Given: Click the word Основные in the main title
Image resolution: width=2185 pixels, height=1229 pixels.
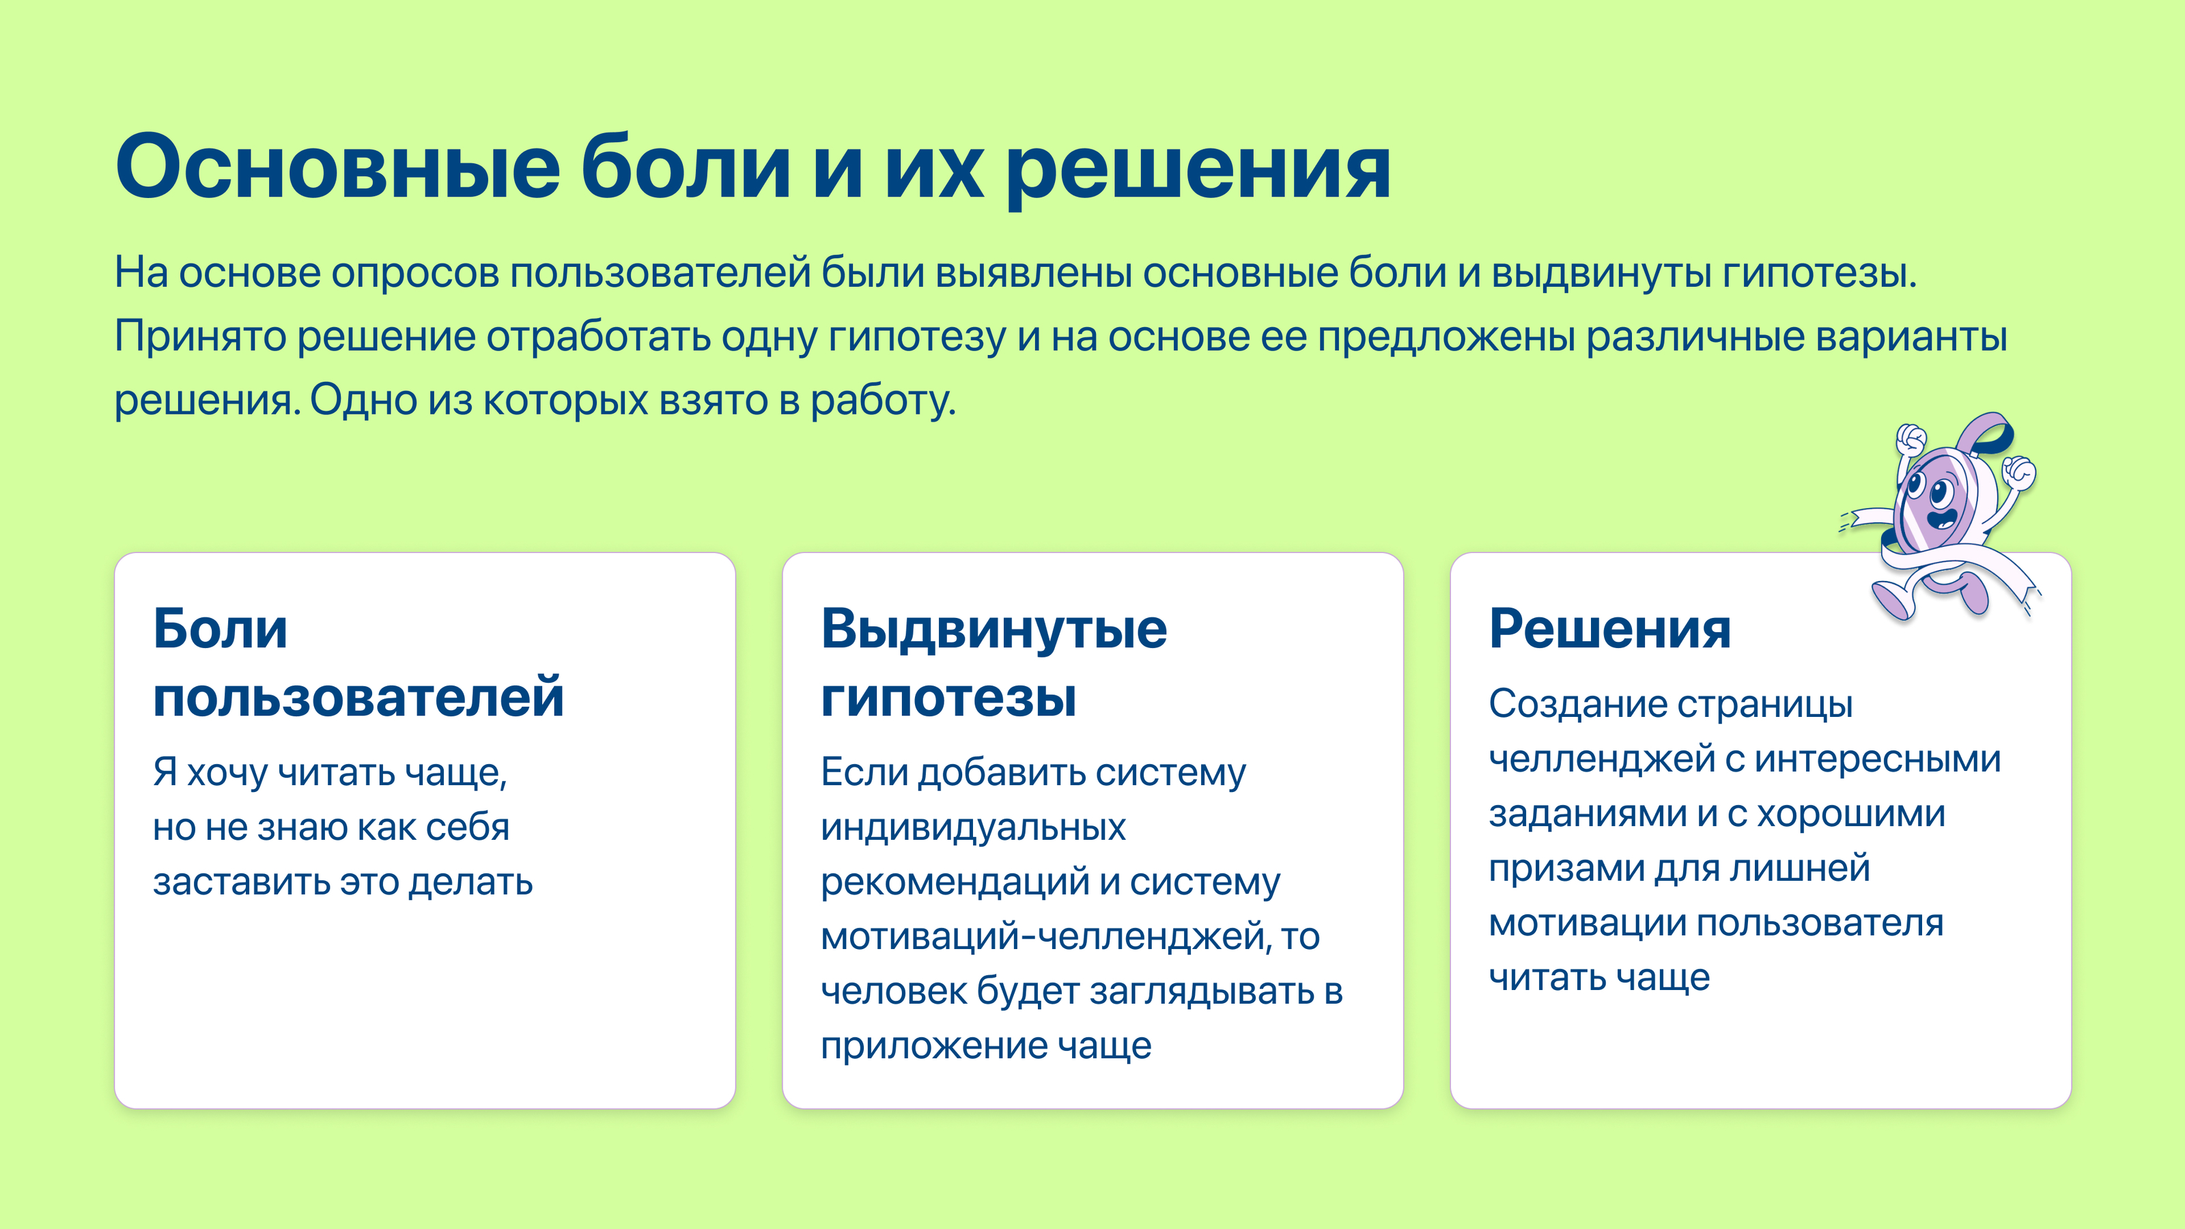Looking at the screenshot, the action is click(x=337, y=167).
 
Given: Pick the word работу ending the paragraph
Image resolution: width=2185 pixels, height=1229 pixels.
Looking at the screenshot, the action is click(x=882, y=400).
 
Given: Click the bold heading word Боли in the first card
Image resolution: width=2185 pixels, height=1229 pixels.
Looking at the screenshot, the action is click(x=221, y=630).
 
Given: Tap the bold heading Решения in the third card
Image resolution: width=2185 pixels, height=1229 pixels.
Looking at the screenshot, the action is click(x=1610, y=630).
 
